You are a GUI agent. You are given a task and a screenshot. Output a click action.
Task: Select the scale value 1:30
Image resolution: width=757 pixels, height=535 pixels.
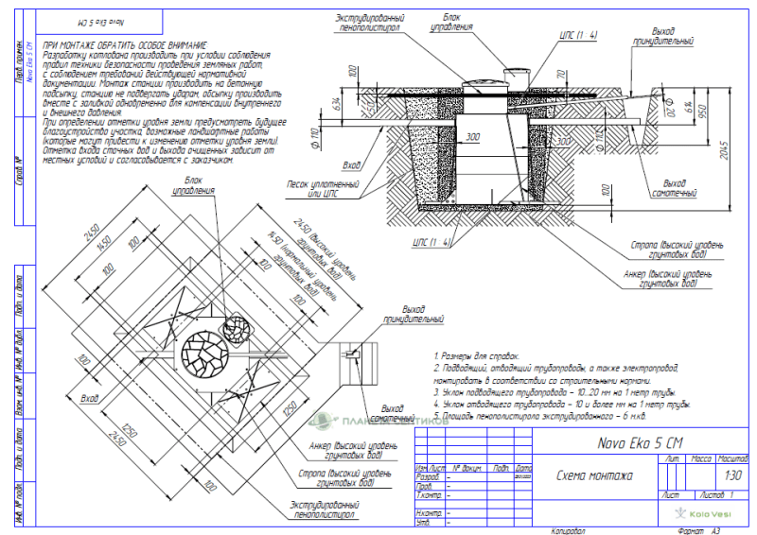732,476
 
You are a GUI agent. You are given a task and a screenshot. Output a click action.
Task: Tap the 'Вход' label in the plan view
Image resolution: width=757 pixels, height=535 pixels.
91,398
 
